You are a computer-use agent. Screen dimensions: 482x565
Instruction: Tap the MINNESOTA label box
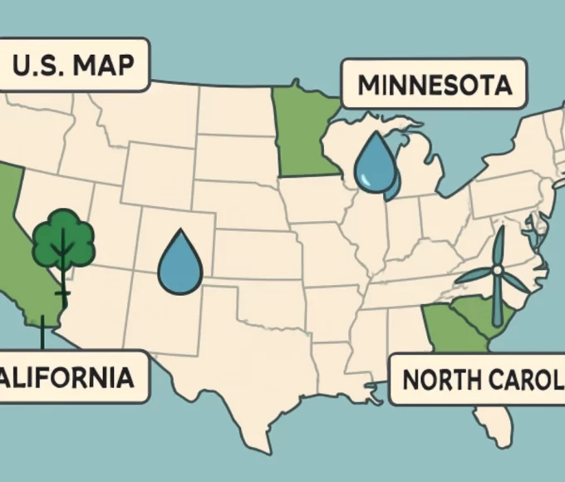tap(433, 84)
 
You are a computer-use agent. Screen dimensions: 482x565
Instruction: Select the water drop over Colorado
tap(179, 264)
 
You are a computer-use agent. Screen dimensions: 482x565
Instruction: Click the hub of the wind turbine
tap(497, 269)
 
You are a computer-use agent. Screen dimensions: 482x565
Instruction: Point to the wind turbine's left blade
tap(474, 277)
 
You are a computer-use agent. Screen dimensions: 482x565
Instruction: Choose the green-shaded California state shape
tap(21, 249)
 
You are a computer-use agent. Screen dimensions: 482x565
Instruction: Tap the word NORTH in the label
tap(436, 380)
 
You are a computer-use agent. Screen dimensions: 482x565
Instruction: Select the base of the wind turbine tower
tap(497, 322)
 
